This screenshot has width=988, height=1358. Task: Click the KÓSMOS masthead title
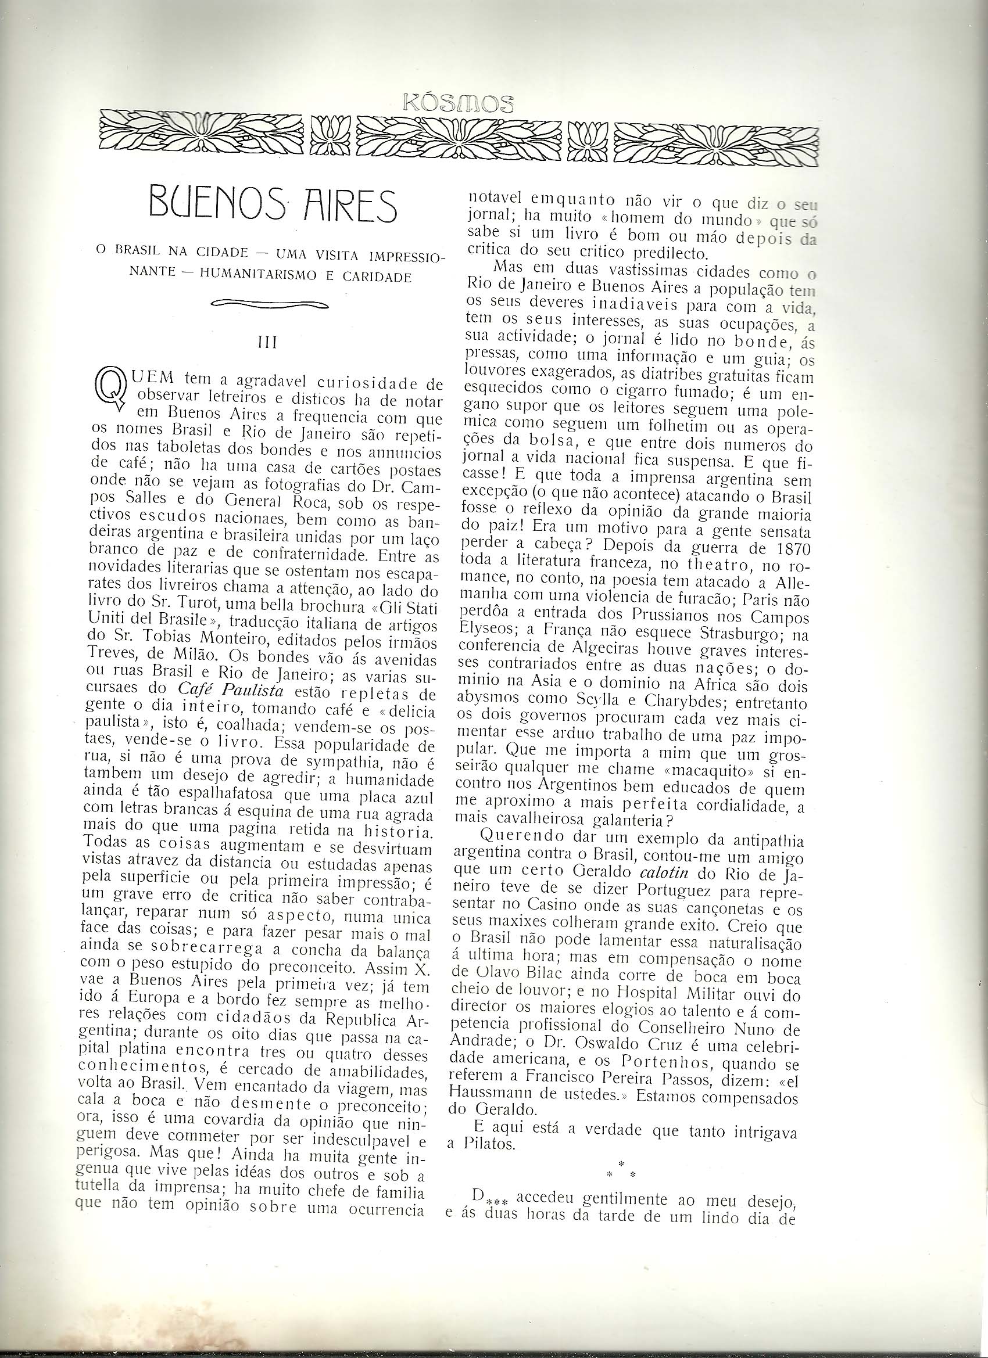pos(459,103)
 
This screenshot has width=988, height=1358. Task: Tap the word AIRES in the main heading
pos(341,206)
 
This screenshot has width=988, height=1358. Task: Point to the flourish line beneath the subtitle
pos(270,304)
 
